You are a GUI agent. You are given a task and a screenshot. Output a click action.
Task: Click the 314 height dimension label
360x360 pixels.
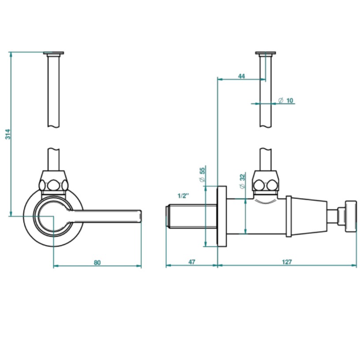7,134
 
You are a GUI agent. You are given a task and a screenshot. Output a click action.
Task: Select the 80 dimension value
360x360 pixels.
97,262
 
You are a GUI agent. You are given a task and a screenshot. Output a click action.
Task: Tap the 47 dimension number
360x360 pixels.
191,262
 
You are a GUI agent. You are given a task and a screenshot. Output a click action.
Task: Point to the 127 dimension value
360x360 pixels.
287,262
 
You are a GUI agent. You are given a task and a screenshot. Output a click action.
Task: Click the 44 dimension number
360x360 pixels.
241,76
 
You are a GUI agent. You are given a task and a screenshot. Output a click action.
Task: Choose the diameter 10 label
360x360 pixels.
286,101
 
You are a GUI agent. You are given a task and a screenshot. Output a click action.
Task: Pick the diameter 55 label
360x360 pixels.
202,175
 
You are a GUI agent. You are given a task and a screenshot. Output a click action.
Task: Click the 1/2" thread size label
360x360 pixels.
184,196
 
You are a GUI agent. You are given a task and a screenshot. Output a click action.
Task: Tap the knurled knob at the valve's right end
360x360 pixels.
350,216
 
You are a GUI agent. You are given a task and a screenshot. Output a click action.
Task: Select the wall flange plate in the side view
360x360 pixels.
222,216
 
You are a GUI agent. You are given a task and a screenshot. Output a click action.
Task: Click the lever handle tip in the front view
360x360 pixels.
139,216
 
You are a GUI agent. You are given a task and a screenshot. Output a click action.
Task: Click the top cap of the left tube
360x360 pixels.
54,54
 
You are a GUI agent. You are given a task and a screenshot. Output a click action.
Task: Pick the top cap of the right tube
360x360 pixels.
266,54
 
